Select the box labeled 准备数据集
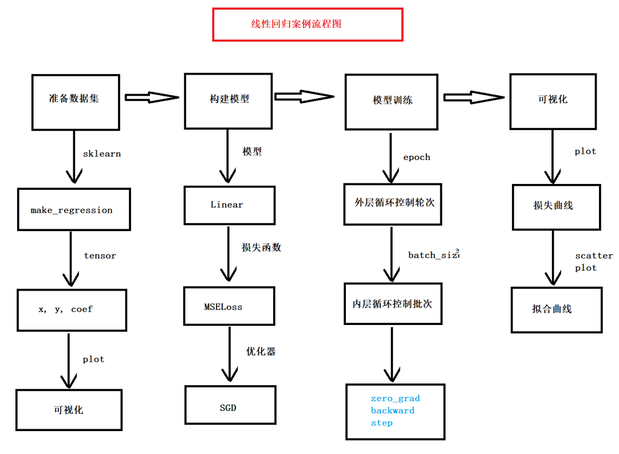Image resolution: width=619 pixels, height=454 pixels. coord(76,102)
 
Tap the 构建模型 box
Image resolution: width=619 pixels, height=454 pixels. coord(227,101)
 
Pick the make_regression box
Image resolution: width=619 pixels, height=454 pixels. coord(71,210)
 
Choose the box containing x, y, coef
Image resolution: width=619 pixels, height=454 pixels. coord(72,310)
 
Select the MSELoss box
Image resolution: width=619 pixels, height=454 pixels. coord(223,307)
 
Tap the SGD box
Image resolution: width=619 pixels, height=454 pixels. coord(230,408)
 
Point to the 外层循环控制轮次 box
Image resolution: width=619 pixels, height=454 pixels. coord(393,204)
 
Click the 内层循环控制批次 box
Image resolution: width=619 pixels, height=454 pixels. coord(393,304)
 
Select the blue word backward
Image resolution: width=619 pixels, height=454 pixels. coord(392,410)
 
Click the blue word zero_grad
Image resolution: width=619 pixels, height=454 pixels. coord(395,398)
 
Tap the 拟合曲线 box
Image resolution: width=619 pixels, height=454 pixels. coord(555,310)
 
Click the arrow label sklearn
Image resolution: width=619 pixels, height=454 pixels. coord(102,154)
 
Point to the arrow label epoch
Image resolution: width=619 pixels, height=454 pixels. coord(416,157)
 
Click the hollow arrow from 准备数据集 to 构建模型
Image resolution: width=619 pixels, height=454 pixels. coord(152,98)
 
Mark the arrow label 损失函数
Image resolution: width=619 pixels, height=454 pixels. coord(261,248)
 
